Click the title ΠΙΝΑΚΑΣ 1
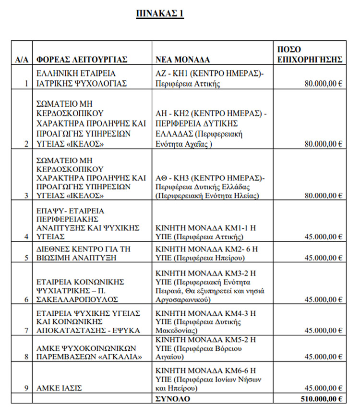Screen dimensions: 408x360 click(160, 13)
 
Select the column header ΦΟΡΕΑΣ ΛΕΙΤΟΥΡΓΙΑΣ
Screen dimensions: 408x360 click(82, 60)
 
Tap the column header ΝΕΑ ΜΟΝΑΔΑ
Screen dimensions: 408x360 click(183, 60)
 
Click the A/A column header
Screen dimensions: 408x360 click(22, 60)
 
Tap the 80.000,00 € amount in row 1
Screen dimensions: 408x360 click(323, 83)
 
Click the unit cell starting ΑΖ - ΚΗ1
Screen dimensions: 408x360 click(210, 78)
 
